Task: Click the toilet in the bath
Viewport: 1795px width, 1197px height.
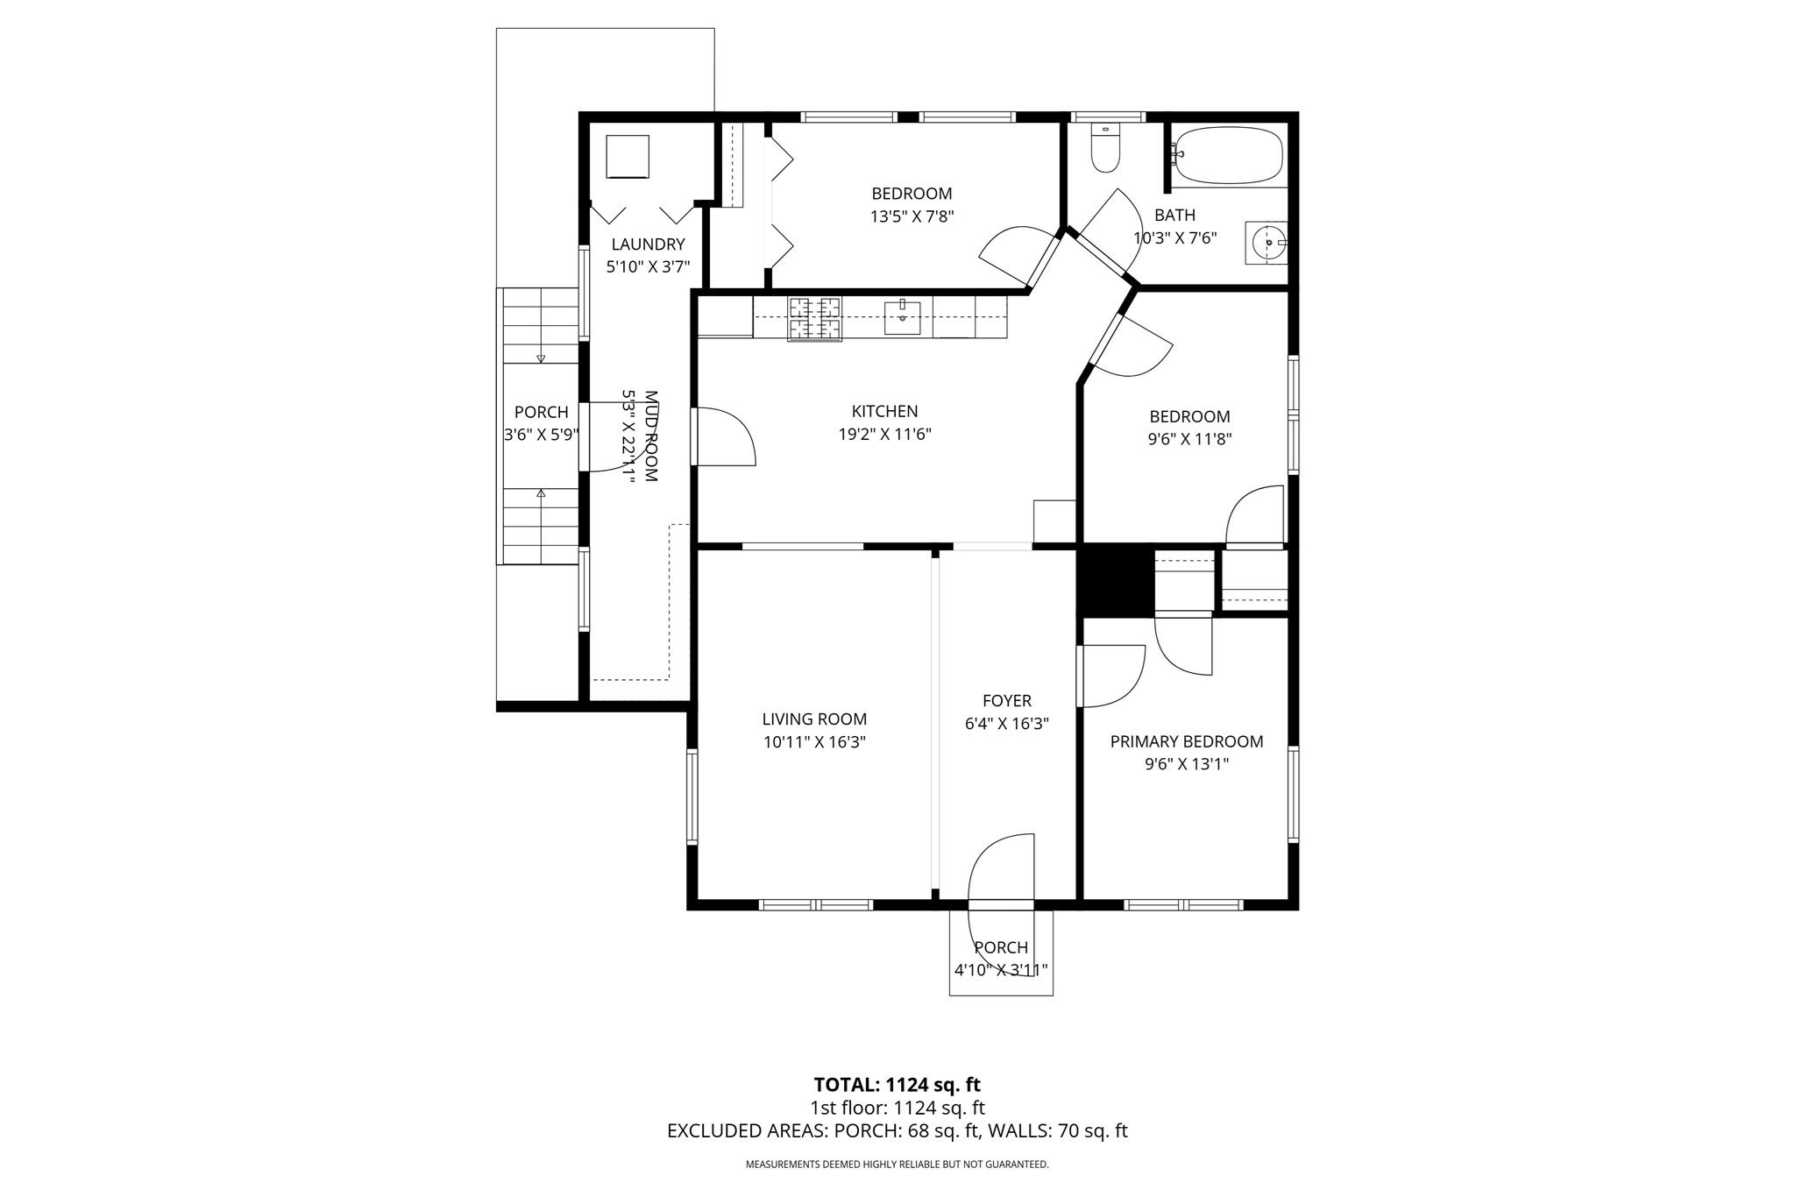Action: pyautogui.click(x=1105, y=151)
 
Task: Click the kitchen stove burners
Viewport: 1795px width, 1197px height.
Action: pyautogui.click(x=814, y=318)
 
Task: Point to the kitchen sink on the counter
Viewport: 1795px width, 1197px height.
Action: pyautogui.click(x=902, y=317)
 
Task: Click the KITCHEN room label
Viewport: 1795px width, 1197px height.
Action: pyautogui.click(x=884, y=411)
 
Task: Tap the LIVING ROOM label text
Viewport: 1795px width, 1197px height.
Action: pyautogui.click(x=814, y=719)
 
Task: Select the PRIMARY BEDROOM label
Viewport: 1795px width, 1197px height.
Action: pyautogui.click(x=1187, y=741)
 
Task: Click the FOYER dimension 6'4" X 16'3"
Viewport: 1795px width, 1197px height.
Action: pyautogui.click(x=1006, y=724)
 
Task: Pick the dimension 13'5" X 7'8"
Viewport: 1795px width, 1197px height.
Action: pyautogui.click(x=912, y=216)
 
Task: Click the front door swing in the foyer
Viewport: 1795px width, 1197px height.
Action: pyautogui.click(x=1002, y=868)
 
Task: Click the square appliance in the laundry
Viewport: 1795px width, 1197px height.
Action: pyautogui.click(x=628, y=157)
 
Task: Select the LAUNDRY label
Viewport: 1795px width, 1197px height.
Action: pyautogui.click(x=648, y=244)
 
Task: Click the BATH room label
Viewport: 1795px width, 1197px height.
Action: pyautogui.click(x=1174, y=215)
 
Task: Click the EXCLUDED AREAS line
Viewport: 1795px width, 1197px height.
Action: pyautogui.click(x=897, y=1130)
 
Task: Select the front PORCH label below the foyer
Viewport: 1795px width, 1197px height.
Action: pyautogui.click(x=1001, y=947)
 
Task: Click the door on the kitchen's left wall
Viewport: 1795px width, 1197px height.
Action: pyautogui.click(x=724, y=436)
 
